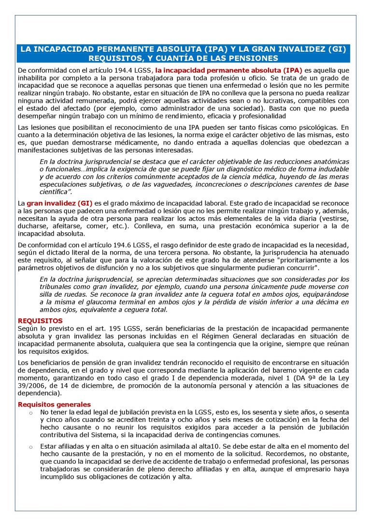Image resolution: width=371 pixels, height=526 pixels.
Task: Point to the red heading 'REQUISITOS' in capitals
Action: pos(40,320)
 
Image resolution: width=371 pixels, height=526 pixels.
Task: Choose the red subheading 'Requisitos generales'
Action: pos(54,404)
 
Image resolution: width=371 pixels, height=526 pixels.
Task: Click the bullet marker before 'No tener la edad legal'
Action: pos(30,412)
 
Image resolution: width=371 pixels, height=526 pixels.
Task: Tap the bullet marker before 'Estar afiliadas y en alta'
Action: pos(30,447)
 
